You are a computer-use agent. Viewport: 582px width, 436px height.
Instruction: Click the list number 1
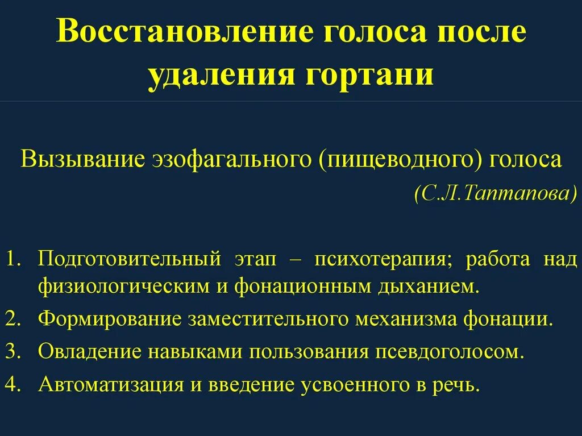(13, 259)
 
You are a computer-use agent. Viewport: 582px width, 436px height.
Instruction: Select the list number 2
(13, 319)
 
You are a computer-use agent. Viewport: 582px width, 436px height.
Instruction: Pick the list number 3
(13, 352)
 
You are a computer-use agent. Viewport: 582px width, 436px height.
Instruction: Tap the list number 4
(13, 385)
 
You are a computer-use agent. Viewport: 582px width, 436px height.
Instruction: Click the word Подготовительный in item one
(129, 260)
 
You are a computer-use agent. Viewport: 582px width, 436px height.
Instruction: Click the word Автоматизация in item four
(111, 385)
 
